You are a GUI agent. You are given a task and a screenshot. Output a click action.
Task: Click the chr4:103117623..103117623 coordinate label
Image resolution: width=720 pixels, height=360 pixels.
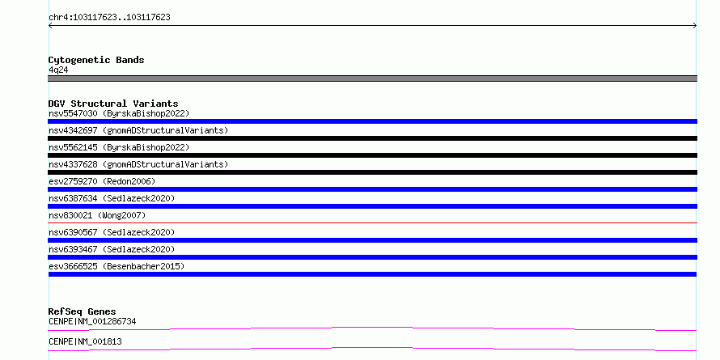[109, 18]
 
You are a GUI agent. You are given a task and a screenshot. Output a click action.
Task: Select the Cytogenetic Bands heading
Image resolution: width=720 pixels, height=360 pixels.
[96, 60]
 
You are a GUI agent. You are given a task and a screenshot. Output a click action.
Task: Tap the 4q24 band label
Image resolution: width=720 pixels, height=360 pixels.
[58, 70]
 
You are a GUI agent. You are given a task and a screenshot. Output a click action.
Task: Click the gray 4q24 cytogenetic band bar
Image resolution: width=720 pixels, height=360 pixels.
[372, 78]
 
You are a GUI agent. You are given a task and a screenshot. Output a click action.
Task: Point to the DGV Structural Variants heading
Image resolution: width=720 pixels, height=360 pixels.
[113, 104]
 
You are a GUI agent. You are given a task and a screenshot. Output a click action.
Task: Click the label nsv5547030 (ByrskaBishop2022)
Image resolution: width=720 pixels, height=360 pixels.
[119, 113]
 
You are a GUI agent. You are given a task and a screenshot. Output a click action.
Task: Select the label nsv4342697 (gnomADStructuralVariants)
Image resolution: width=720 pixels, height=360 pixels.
[138, 130]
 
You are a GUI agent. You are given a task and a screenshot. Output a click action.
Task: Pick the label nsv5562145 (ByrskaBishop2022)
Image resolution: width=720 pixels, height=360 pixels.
[119, 147]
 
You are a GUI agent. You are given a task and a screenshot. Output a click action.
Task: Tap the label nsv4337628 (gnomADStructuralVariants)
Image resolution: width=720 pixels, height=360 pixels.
[138, 164]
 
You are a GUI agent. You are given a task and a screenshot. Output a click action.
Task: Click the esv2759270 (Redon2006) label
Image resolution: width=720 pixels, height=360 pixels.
[102, 181]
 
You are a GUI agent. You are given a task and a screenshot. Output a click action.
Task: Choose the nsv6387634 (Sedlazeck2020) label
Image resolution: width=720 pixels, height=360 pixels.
[112, 198]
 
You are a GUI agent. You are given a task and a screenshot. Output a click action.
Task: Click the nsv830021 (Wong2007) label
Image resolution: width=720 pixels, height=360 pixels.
[97, 215]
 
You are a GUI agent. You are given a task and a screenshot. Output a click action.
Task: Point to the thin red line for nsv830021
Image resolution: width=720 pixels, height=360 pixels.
[372, 223]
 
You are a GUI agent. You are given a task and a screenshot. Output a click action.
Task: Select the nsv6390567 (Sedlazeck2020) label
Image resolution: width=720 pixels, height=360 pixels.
[112, 232]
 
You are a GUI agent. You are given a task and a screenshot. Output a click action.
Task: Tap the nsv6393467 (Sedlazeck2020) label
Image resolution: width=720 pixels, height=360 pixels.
[112, 249]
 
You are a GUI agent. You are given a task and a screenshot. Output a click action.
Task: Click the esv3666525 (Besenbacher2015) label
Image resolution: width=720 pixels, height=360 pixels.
[116, 266]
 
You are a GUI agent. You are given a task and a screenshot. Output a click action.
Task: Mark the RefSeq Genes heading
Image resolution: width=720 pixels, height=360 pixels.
[82, 311]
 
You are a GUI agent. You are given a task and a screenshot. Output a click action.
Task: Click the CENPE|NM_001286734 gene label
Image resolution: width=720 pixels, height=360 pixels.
[92, 321]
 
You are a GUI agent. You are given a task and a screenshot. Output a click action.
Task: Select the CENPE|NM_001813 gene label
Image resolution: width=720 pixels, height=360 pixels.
[85, 341]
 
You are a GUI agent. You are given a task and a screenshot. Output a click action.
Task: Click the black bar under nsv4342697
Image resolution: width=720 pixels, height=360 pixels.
[372, 138]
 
